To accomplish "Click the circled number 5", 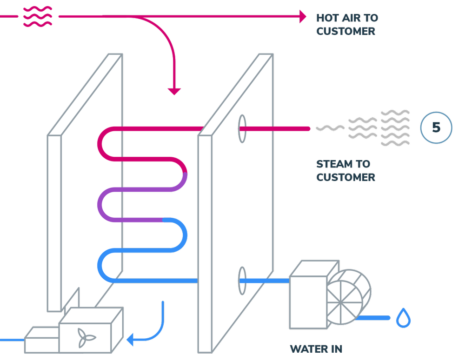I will (436, 127).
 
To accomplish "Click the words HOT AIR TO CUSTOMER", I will (346, 25).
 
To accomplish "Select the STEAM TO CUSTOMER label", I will (345, 170).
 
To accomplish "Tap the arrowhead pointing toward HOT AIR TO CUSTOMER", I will (303, 17).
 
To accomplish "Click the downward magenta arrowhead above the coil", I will (173, 95).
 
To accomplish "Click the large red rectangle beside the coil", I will (159, 262).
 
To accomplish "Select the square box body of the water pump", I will (308, 298).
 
